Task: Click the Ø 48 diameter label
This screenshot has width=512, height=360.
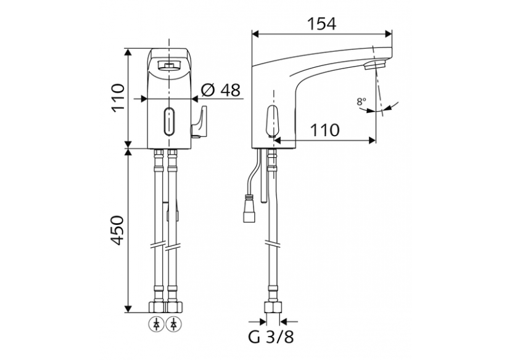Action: pos(221,90)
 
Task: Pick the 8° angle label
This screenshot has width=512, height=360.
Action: pos(361,102)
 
